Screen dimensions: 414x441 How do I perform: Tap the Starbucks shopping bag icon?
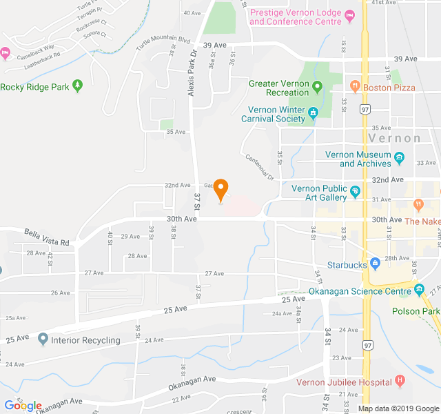click(x=375, y=263)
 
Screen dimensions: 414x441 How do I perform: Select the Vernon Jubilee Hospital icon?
click(x=399, y=382)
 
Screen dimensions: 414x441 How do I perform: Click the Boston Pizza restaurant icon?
click(x=355, y=87)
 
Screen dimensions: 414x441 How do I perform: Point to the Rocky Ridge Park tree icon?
click(x=78, y=86)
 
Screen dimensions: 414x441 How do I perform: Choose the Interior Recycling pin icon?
click(x=43, y=339)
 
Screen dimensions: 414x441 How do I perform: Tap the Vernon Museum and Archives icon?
click(x=400, y=159)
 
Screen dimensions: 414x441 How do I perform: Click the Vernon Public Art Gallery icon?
click(x=356, y=191)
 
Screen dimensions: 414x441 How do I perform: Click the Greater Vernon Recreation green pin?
click(x=317, y=87)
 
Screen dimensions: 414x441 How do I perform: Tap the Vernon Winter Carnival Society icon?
click(x=312, y=112)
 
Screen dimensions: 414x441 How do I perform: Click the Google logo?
click(x=23, y=405)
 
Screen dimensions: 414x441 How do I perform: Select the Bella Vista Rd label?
click(x=47, y=238)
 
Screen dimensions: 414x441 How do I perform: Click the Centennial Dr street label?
click(x=259, y=168)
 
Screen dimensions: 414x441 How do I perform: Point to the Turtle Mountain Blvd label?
click(x=163, y=43)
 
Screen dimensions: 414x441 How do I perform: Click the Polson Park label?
click(x=416, y=311)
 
